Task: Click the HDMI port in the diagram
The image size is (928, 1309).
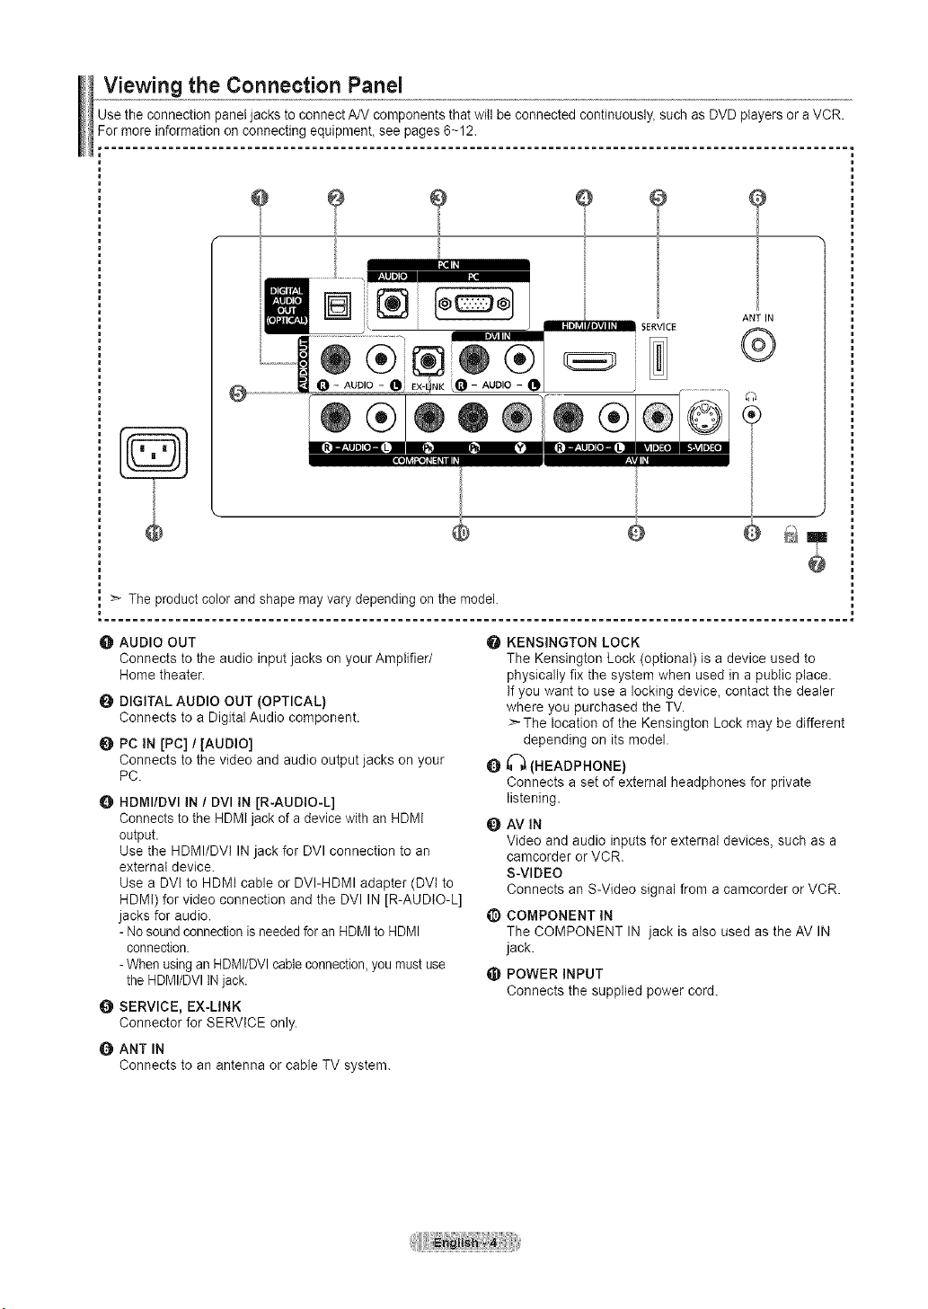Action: point(590,362)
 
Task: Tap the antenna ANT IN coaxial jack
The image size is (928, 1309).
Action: point(758,345)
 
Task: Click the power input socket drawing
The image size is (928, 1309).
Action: point(154,453)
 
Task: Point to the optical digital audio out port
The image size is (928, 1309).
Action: point(338,305)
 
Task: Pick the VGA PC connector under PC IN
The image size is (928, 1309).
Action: point(474,304)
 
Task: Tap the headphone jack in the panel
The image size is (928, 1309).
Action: point(752,414)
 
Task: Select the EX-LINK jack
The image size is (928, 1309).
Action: point(429,362)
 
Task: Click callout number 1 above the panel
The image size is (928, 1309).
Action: point(260,199)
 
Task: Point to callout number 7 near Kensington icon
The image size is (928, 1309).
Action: point(817,564)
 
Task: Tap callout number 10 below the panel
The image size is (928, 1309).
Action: point(461,533)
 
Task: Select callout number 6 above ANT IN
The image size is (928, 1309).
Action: point(756,199)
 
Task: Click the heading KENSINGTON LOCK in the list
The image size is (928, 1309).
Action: point(572,642)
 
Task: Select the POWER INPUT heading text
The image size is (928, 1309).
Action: point(554,974)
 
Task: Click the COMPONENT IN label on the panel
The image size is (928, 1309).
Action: point(426,461)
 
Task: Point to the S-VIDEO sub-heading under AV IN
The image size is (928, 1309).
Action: point(535,873)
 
